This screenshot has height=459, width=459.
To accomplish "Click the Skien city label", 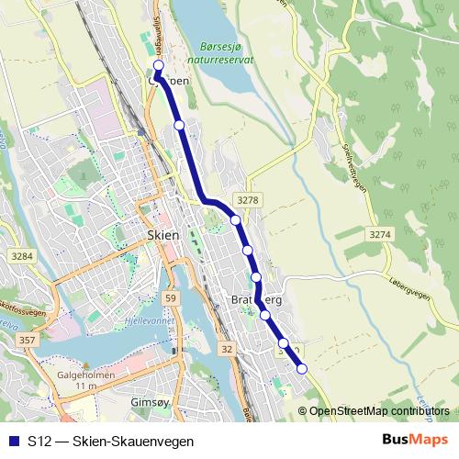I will coord(162,235).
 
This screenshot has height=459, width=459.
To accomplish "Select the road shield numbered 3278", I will coord(245,198).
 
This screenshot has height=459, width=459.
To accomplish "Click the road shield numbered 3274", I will coord(377,235).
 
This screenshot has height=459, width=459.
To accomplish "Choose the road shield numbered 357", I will coord(27,341).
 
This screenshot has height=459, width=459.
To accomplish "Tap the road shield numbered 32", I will coord(227,349).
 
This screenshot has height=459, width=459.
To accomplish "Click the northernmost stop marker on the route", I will coord(158,66).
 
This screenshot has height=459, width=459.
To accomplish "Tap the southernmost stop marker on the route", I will coord(301,369).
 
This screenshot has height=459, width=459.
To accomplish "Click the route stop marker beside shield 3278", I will coord(236,219).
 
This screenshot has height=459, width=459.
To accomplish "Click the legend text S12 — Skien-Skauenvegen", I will coord(110,441).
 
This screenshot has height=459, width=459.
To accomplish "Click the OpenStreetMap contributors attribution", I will coord(379,411).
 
